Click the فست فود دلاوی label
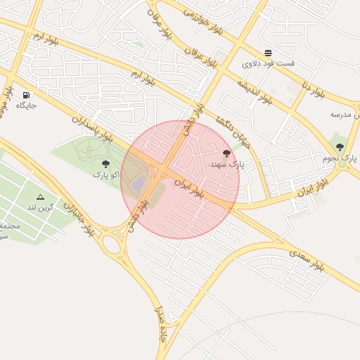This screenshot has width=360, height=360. [x=269, y=63]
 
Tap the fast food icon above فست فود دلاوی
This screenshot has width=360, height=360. [x=269, y=53]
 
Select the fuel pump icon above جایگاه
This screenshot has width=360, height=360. [x=27, y=95]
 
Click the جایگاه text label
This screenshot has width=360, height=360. [x=27, y=105]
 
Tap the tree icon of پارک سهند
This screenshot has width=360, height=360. [x=226, y=153]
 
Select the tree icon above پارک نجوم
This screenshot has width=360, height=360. [x=340, y=147]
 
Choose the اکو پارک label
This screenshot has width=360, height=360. [x=106, y=174]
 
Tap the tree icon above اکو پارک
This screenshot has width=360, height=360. [x=106, y=164]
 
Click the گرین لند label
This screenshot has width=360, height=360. [x=41, y=207]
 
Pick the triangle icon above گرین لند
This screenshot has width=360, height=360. [x=40, y=197]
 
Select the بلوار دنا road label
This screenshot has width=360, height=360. [x=313, y=89]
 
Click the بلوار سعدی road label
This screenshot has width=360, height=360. [x=306, y=259]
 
